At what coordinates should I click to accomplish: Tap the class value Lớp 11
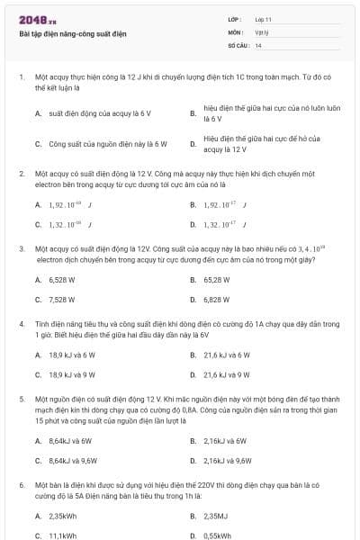tap(263, 19)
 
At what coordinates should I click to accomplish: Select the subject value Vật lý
tap(261, 31)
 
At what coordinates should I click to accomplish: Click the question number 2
tap(21, 172)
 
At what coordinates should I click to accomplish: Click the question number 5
tap(21, 396)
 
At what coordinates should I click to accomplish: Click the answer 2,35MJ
tap(216, 516)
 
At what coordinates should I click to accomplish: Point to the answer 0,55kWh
tap(217, 535)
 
